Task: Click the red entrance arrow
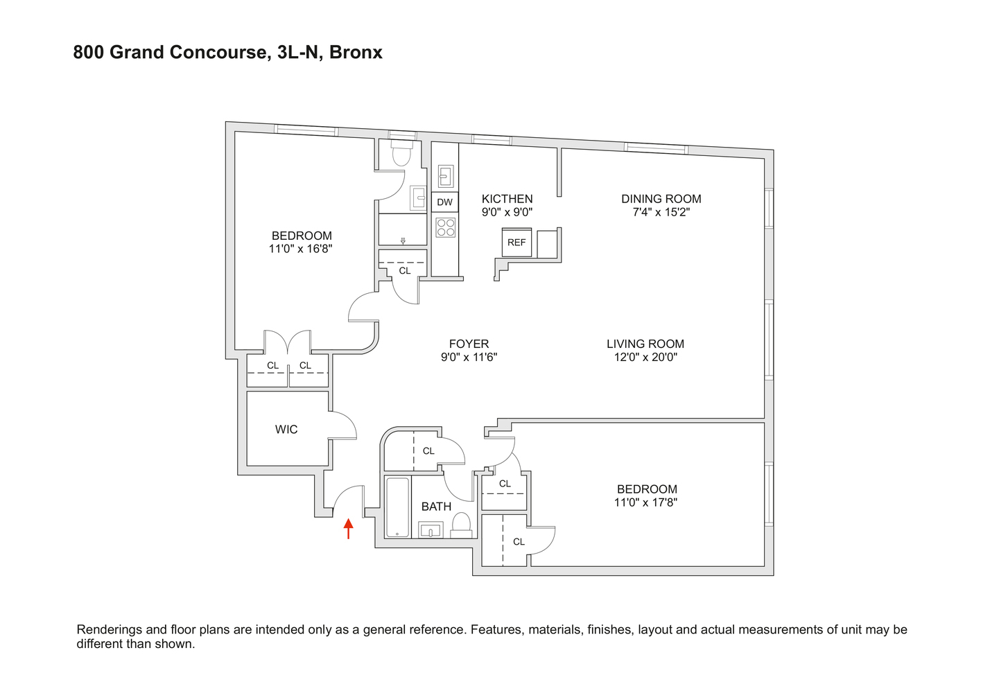[348, 528]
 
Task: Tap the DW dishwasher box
[444, 202]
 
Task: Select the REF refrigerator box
[516, 243]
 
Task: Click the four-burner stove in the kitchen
[445, 227]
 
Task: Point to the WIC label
[286, 430]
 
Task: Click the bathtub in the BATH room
[397, 507]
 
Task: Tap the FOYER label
[469, 344]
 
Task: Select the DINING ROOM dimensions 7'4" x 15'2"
[661, 212]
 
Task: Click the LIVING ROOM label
[645, 344]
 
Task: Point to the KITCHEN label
[507, 199]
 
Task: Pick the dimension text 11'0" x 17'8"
[645, 502]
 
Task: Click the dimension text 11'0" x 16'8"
[300, 249]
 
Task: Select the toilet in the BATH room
[461, 525]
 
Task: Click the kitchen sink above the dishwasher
[445, 177]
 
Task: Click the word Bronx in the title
[356, 53]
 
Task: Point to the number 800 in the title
[89, 53]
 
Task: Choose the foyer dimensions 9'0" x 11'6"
[469, 358]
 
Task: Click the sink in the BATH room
[431, 531]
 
